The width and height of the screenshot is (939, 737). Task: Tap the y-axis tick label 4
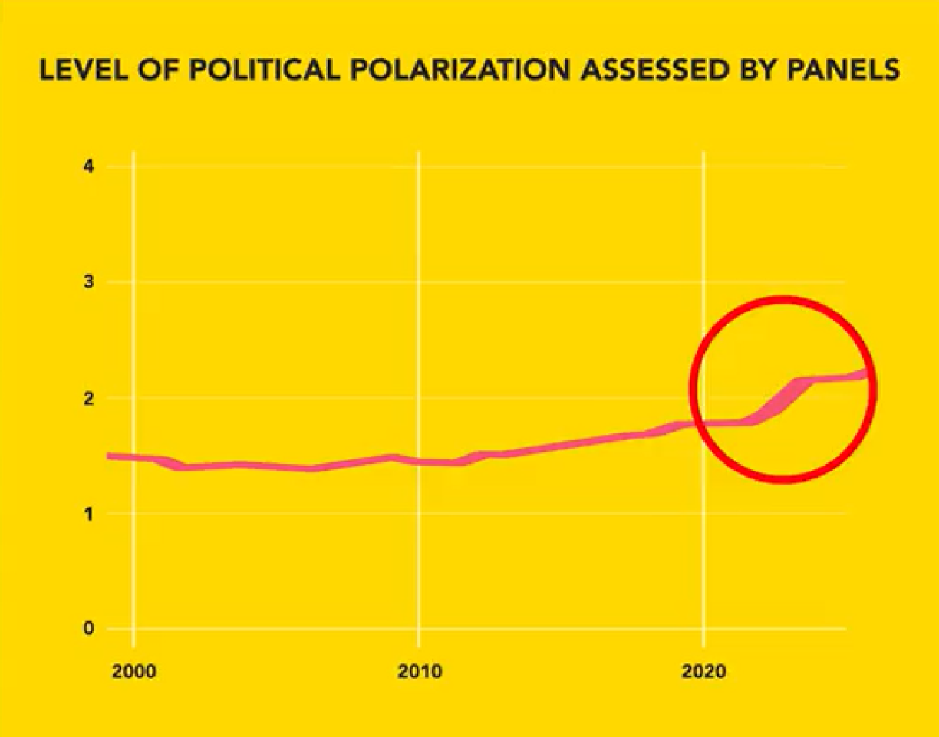pyautogui.click(x=89, y=166)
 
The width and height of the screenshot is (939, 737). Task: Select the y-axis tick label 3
pyautogui.click(x=89, y=282)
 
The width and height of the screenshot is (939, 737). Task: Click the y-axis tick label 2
pyautogui.click(x=89, y=398)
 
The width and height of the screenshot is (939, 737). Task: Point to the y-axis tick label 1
pyautogui.click(x=89, y=514)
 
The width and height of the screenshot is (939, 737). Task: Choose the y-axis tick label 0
pyautogui.click(x=89, y=629)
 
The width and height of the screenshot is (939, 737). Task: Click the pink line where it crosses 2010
pyautogui.click(x=419, y=462)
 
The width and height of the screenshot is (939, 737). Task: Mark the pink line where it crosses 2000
pyautogui.click(x=133, y=458)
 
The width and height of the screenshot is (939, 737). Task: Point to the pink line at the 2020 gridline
pyautogui.click(x=704, y=423)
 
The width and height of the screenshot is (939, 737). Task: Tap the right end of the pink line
pyautogui.click(x=867, y=373)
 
